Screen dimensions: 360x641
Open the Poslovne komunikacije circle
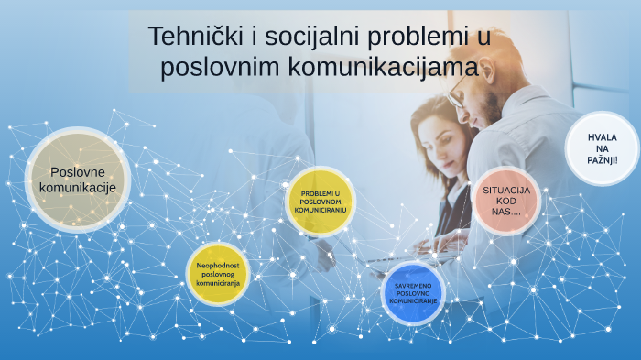pyautogui.click(x=78, y=180)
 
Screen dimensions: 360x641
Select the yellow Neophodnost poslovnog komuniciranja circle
pyautogui.click(x=217, y=274)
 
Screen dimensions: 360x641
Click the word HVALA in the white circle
pyautogui.click(x=603, y=137)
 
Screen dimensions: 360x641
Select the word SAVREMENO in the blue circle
pyautogui.click(x=414, y=284)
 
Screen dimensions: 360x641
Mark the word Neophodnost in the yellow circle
pyautogui.click(x=218, y=265)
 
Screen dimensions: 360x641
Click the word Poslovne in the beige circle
pyautogui.click(x=78, y=171)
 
